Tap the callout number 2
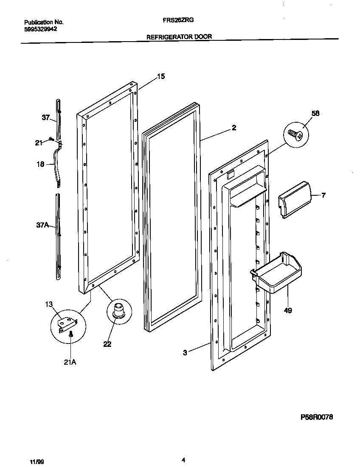click(234, 127)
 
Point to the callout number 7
click(323, 195)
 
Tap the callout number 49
click(287, 311)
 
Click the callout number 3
click(185, 352)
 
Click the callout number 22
click(107, 344)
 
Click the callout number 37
click(46, 118)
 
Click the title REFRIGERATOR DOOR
click(179, 37)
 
